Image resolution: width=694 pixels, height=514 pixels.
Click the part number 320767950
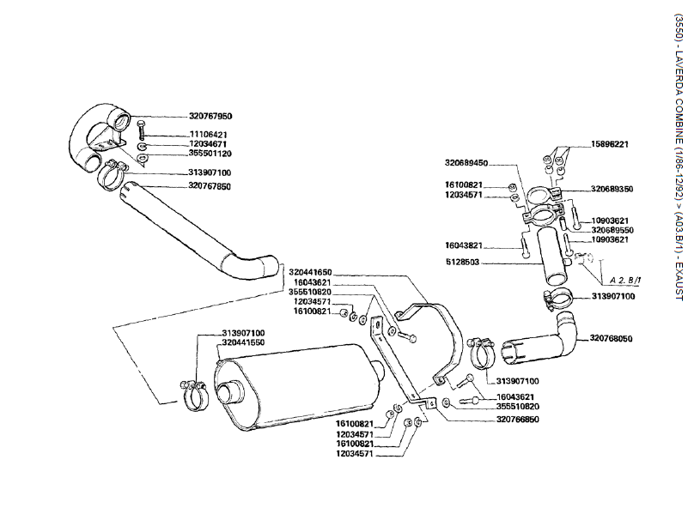point(210,116)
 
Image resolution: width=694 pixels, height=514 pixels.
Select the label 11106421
point(208,135)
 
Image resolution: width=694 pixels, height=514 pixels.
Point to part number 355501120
point(210,154)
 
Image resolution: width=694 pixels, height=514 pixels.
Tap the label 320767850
point(210,184)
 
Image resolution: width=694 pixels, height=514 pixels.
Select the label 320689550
point(611,230)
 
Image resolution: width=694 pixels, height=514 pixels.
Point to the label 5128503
point(469,263)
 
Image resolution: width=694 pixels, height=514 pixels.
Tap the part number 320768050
point(611,339)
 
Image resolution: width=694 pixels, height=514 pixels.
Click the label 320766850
point(517,420)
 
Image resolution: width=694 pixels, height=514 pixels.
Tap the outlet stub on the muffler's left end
point(228,394)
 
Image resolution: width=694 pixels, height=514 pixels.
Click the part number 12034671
point(208,144)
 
